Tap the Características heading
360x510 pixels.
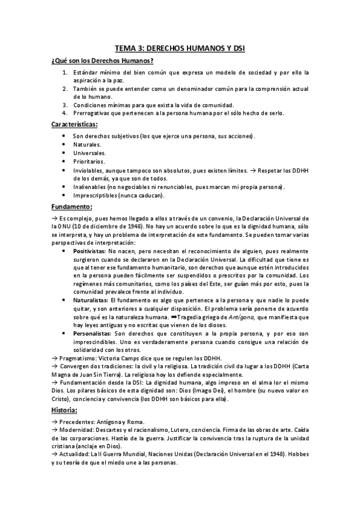(74, 124)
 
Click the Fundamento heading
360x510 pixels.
(72, 207)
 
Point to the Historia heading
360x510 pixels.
(66, 393)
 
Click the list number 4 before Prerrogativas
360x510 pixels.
(65, 112)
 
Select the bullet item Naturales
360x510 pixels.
(87, 145)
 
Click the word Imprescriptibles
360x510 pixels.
(97, 195)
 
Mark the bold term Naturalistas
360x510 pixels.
(91, 300)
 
